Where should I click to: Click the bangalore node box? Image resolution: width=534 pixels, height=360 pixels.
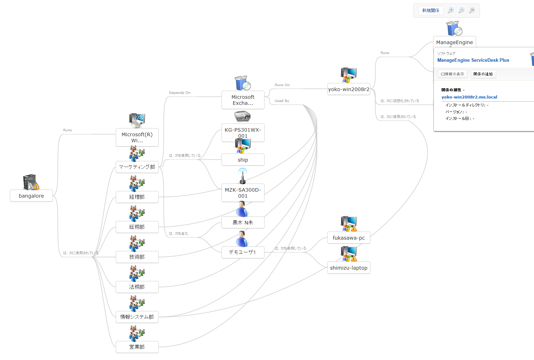point(31,196)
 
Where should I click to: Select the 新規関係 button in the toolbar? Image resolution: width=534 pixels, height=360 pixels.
point(431,11)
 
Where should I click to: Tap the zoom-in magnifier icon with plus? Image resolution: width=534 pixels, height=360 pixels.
point(451,11)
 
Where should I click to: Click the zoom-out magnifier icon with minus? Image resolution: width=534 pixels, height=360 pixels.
point(461,11)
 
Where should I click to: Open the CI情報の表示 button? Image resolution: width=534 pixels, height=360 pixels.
point(452,74)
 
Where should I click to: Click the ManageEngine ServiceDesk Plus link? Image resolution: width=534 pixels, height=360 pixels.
point(473,60)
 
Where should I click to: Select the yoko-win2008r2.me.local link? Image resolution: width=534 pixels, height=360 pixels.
point(469,97)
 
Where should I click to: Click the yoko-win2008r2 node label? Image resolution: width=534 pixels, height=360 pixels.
point(348,89)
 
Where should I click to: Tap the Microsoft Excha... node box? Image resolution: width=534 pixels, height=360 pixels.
point(243,100)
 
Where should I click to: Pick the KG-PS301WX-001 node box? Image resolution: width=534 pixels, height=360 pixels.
point(243,133)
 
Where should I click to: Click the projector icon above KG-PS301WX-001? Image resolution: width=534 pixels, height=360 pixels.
point(242,116)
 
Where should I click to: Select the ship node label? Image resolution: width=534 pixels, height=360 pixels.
point(243,160)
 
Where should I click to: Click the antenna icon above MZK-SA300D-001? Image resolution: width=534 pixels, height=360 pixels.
point(242,176)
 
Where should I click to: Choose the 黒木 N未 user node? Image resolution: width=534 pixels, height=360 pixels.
point(243,223)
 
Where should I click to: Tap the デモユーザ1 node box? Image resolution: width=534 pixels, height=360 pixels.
point(243,252)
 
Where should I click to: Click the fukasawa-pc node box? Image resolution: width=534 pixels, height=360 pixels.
point(348,238)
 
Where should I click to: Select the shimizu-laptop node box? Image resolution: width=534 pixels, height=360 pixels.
point(348,268)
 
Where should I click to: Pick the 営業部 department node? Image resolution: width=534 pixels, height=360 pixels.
point(137,347)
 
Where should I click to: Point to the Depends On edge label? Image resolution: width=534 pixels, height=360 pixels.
point(180,93)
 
